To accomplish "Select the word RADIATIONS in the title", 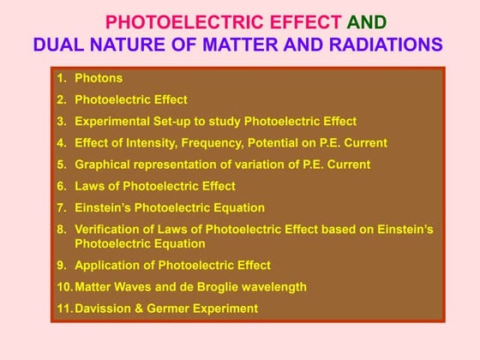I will coord(391,45).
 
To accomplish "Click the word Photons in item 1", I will coord(99,79).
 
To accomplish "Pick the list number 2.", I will coord(61,100).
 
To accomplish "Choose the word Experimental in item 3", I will coord(111,122).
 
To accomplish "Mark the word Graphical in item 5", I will coord(103,165).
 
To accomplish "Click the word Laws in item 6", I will coord(89,186).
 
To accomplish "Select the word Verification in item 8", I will coord(105,229).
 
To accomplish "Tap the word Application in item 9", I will coord(107,265).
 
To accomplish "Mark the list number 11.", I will coord(63,308).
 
